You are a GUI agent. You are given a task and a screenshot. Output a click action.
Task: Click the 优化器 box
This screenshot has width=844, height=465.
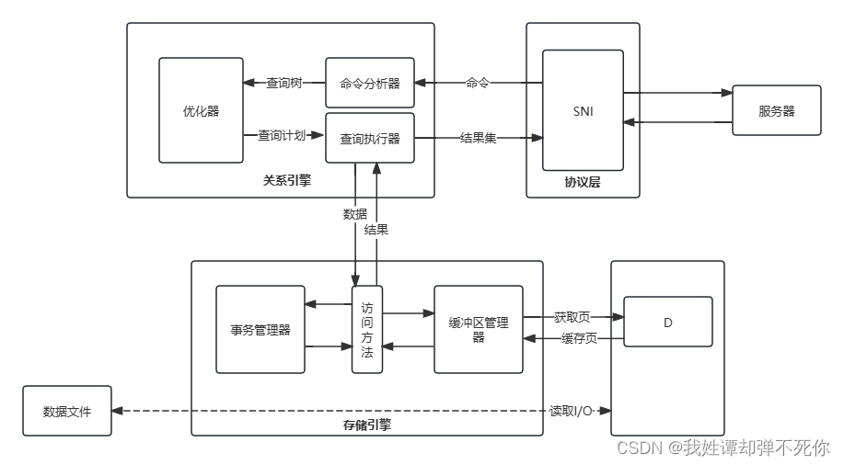click(202, 110)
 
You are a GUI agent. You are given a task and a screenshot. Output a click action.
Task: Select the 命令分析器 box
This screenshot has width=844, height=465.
click(370, 84)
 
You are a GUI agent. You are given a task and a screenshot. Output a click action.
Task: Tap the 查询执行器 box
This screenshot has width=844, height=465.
click(370, 139)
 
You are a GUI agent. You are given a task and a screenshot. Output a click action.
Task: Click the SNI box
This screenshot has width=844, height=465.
click(583, 110)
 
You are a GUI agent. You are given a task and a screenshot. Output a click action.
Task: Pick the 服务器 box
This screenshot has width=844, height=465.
click(776, 111)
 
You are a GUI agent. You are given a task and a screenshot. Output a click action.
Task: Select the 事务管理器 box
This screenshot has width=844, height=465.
click(260, 329)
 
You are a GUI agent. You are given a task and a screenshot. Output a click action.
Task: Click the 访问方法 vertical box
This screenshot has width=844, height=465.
click(367, 329)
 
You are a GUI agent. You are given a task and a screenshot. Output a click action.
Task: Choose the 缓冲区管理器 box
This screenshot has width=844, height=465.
click(479, 329)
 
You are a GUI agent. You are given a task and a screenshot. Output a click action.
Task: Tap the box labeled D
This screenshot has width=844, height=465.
click(668, 322)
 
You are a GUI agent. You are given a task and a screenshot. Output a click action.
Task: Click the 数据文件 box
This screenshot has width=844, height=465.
click(67, 411)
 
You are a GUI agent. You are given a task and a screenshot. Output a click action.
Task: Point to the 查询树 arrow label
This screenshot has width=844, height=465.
click(284, 84)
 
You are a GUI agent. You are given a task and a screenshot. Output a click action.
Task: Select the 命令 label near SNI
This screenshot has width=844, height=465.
click(478, 83)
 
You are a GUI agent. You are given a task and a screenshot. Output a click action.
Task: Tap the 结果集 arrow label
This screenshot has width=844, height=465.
click(479, 138)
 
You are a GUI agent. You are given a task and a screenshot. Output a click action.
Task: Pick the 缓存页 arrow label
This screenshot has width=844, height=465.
click(579, 338)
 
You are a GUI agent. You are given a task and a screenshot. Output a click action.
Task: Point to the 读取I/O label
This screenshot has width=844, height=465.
click(571, 410)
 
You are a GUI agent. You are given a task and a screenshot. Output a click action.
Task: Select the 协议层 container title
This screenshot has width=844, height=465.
click(583, 182)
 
